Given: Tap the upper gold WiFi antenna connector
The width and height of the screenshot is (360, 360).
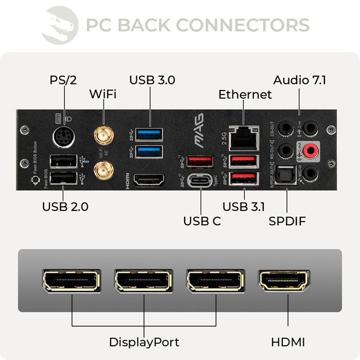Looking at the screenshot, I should [x=103, y=136].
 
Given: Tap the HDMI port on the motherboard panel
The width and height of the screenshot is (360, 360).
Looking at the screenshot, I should [x=149, y=180].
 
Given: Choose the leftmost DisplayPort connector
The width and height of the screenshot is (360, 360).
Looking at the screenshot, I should [x=71, y=281].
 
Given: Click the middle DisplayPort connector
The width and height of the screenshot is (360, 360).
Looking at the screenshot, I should [x=143, y=281].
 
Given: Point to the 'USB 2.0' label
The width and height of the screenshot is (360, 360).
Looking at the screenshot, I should [x=65, y=207].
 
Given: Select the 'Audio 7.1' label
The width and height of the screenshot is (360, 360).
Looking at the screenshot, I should [x=299, y=80].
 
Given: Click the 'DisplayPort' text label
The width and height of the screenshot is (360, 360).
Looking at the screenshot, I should [x=144, y=342].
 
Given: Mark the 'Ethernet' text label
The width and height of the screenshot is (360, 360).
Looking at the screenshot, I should [x=245, y=95].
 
